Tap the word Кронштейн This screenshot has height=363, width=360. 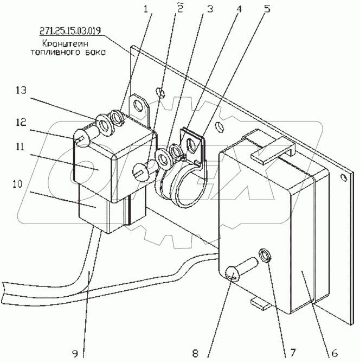(x=59, y=44)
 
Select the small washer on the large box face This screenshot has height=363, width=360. (x=265, y=254)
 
